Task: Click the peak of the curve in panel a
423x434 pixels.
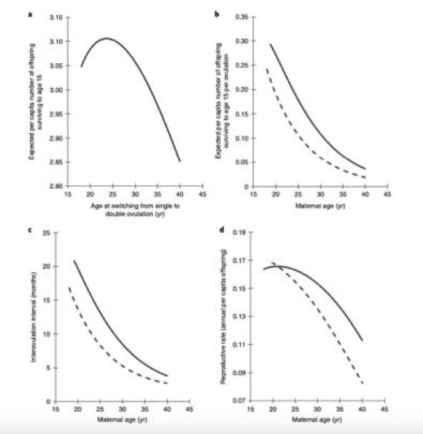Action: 106,39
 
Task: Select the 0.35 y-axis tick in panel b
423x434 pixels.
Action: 240,17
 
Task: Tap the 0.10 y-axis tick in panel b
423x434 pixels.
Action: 240,138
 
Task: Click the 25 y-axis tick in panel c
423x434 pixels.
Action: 46,233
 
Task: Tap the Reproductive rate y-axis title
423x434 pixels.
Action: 222,316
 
